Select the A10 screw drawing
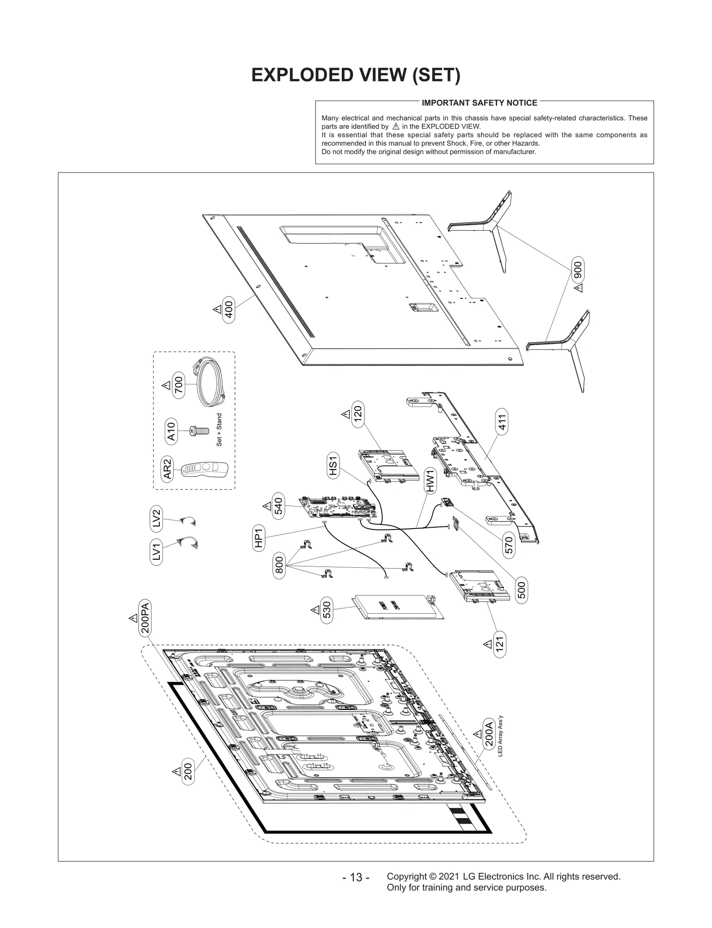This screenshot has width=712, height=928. [x=199, y=431]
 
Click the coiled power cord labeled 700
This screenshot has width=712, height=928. [x=210, y=383]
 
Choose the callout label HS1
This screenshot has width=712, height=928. [x=333, y=466]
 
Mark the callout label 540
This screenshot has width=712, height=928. [x=278, y=507]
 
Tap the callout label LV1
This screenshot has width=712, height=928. [x=156, y=552]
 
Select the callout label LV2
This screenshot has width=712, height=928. [x=156, y=519]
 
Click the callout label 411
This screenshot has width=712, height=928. [x=502, y=422]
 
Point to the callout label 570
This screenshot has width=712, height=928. [x=509, y=545]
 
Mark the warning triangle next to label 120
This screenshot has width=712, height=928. [x=346, y=415]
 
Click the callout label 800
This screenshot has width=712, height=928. [x=279, y=566]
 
